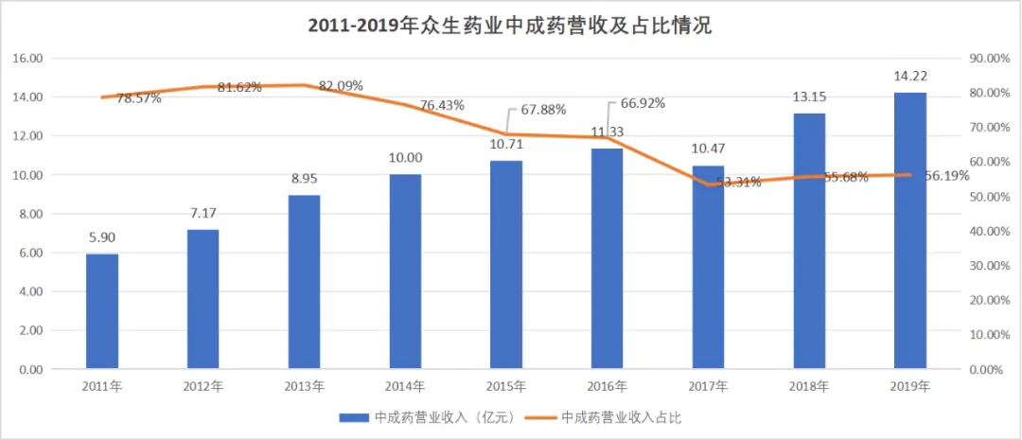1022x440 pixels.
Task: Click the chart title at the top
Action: point(510,26)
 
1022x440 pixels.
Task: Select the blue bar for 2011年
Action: point(102,311)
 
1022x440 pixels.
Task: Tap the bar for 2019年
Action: point(910,231)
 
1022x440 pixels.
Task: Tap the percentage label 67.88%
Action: point(543,110)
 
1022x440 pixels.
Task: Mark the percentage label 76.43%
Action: point(441,105)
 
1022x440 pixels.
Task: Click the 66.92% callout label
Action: point(644,103)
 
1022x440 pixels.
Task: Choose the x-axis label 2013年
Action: point(305,386)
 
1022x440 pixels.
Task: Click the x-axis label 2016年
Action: point(608,386)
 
